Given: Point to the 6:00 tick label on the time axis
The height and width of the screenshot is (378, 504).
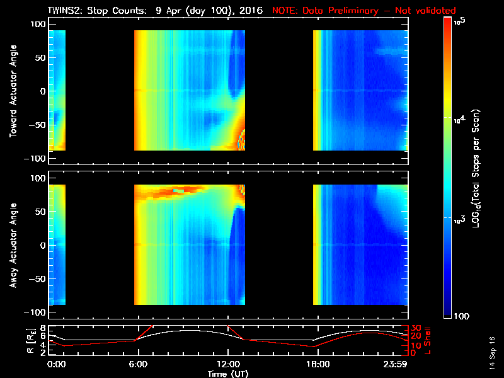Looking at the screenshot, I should click(x=138, y=364).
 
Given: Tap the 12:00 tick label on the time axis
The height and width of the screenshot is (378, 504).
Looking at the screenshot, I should click(x=227, y=364).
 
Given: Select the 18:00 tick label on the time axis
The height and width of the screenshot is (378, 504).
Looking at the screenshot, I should click(x=317, y=364).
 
